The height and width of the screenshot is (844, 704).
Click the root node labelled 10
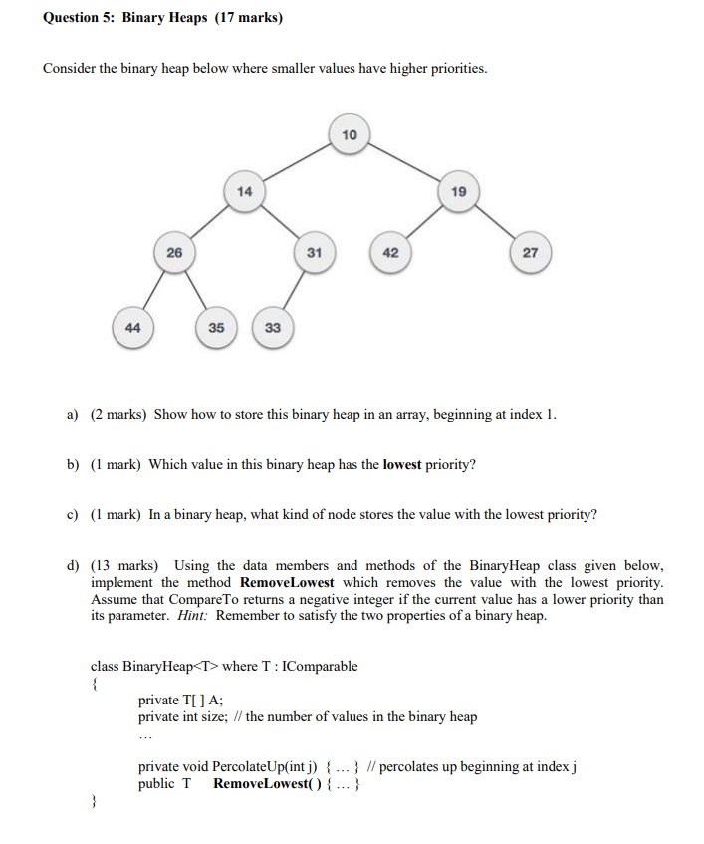point(349,134)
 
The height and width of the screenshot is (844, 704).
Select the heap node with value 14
point(245,191)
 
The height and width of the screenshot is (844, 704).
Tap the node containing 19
point(458,191)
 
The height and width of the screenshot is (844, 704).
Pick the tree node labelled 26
point(174,252)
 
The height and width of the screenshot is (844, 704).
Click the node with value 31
point(314,252)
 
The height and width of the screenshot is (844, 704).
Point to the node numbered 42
point(390,252)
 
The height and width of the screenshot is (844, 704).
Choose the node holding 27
point(530,252)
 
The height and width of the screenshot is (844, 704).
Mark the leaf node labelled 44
point(132,327)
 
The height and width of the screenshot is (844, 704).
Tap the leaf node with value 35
point(216,327)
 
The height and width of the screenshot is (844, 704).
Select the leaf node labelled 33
point(273,327)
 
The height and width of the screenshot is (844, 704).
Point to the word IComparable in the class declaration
point(320,666)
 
